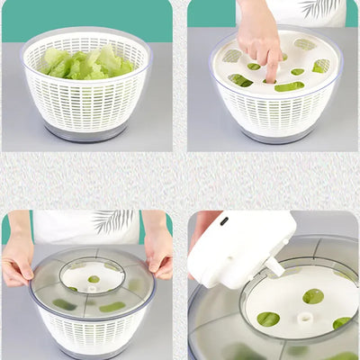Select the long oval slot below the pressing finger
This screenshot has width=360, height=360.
pos(289,86)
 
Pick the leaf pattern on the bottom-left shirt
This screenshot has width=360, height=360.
pos(112,220)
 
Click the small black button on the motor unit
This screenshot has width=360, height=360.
pos(223,220)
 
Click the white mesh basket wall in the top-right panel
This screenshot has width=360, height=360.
pos(274,112)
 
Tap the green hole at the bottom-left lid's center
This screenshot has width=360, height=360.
pos(94,279)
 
